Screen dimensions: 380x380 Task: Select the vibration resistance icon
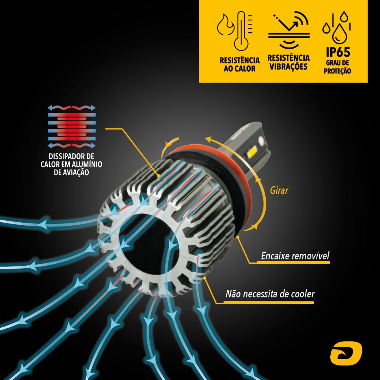coord(289,30)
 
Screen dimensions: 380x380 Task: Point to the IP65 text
coord(338,52)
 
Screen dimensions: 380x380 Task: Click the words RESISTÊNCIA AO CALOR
coord(239,64)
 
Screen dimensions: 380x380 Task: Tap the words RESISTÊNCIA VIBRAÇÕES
coord(288,62)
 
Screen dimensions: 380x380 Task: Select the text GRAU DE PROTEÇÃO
coord(337,67)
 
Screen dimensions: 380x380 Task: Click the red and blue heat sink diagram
coord(72,127)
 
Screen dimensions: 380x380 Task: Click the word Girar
coord(279,191)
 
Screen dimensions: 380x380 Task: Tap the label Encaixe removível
coord(295,256)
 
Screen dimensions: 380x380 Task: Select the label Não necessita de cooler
coord(270,294)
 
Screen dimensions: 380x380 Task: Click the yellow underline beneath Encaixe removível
coord(293,262)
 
